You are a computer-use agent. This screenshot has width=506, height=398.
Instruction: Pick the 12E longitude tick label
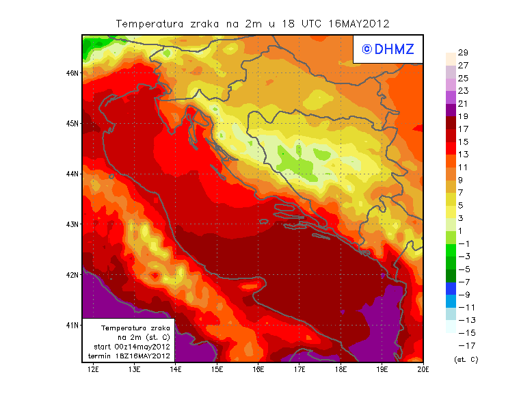[93, 369]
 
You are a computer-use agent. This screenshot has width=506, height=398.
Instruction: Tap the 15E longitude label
[217, 369]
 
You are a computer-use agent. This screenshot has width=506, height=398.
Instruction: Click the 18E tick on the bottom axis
[341, 369]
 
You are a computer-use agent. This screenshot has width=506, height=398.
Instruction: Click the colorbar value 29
[462, 53]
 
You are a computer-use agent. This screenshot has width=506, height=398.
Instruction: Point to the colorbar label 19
[462, 116]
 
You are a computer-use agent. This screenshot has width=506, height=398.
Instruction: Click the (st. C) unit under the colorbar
[466, 359]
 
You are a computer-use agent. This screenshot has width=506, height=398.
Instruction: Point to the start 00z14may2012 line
[131, 347]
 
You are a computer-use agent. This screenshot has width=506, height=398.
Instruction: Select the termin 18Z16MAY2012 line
[131, 356]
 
